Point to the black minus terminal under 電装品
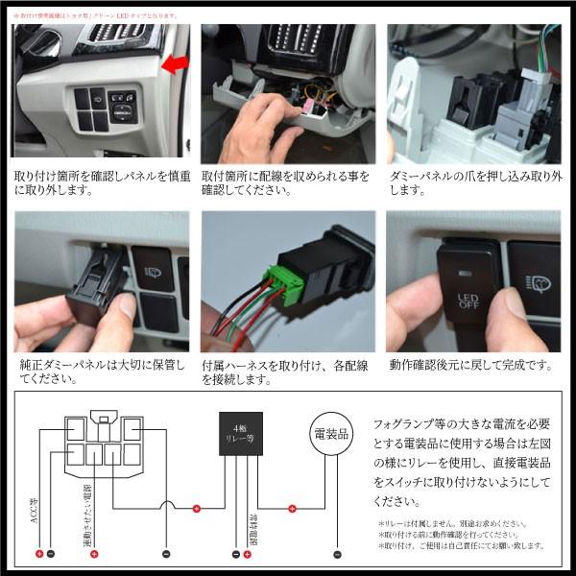coord(337,554)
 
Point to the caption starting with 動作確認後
coord(470,365)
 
